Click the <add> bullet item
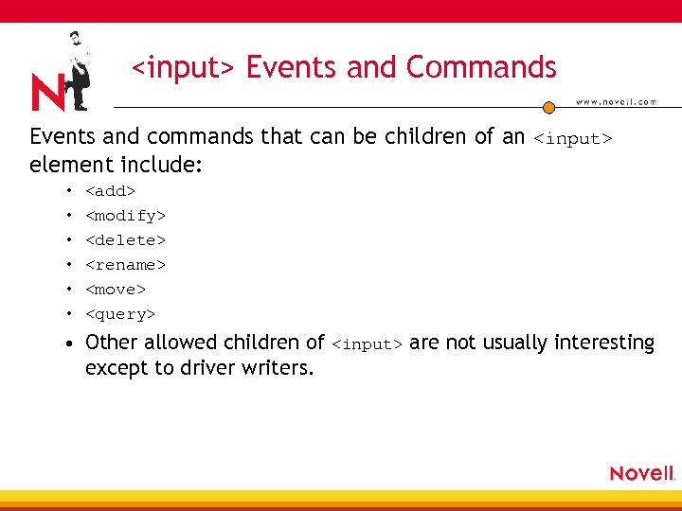(x=111, y=191)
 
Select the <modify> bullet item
(x=126, y=216)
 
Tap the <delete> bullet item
(x=126, y=240)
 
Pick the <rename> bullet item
(x=126, y=265)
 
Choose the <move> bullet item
(x=116, y=290)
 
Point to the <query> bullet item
(x=120, y=314)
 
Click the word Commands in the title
(x=481, y=67)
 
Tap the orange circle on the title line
(x=548, y=108)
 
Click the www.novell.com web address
(x=616, y=102)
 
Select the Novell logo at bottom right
(x=642, y=473)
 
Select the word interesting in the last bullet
(x=604, y=343)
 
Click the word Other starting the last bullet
(x=112, y=343)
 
